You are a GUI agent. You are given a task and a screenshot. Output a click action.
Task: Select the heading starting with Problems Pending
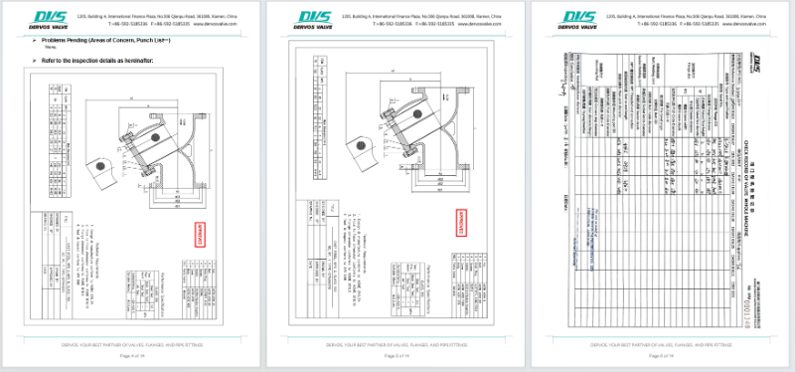90,39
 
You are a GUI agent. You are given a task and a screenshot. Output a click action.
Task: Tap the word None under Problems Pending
49,48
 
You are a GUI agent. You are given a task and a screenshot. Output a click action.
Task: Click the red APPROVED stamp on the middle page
462,222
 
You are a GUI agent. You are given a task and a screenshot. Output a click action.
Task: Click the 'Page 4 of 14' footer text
132,355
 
